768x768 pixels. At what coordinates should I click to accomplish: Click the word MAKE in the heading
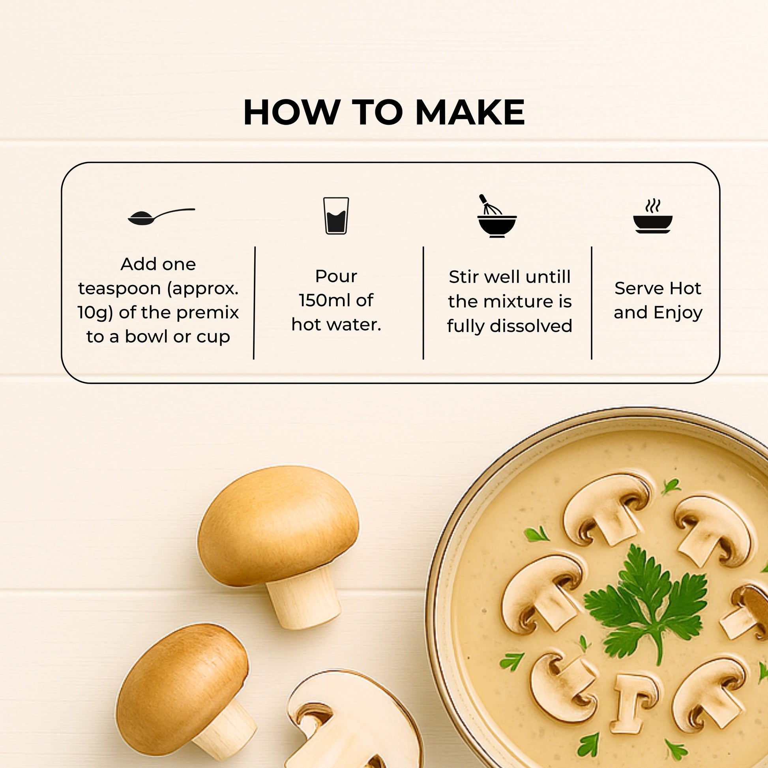point(470,112)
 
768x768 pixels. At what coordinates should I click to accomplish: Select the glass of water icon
point(336,215)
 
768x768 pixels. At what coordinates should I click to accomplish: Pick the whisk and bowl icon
point(496,217)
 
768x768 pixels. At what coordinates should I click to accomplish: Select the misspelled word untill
point(549,277)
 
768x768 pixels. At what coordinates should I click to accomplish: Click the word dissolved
point(531,326)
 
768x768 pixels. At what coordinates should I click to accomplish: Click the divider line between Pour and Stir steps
point(423,303)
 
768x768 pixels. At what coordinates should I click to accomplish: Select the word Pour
point(336,276)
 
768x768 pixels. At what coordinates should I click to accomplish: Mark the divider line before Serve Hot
point(592,303)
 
